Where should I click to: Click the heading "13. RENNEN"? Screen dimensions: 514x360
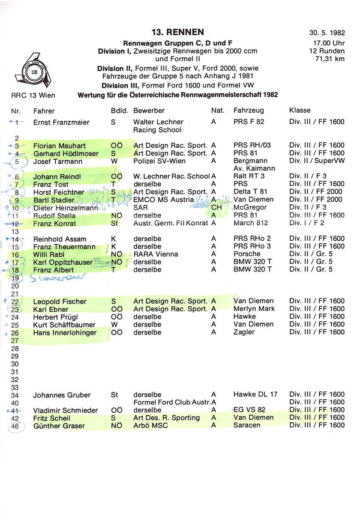(x=177, y=32)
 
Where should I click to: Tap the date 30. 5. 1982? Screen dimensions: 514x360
(x=327, y=33)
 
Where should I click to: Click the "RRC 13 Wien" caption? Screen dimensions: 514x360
(x=33, y=95)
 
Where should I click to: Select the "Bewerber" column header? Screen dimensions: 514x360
(x=149, y=111)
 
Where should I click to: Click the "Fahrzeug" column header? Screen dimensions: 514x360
(x=249, y=111)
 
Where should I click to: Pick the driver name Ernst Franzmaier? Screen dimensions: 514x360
(x=61, y=123)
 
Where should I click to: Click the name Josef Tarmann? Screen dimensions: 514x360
(x=58, y=161)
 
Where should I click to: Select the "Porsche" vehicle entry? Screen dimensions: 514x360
(x=247, y=254)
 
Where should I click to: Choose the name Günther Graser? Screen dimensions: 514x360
(x=59, y=426)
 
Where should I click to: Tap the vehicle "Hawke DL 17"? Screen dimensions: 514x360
(x=255, y=394)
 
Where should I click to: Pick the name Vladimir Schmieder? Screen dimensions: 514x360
(x=66, y=410)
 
